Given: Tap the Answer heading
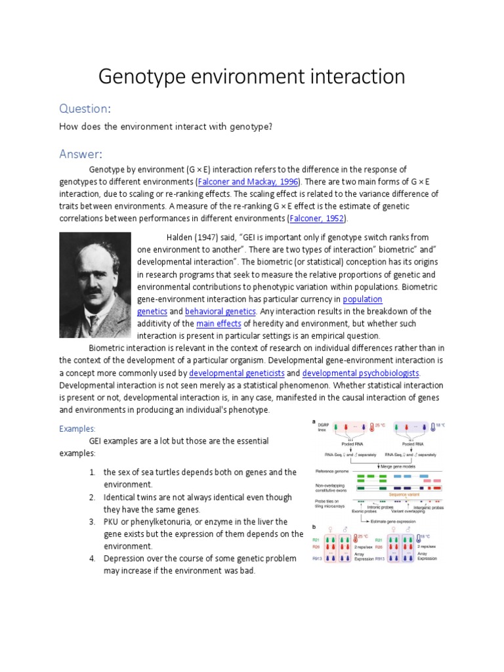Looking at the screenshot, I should tap(80, 154).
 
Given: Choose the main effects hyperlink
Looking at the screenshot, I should tap(219, 324).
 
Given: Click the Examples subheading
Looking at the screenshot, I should tap(77, 429).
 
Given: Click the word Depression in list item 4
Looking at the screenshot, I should tap(128, 558).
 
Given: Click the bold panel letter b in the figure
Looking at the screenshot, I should tap(314, 527).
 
